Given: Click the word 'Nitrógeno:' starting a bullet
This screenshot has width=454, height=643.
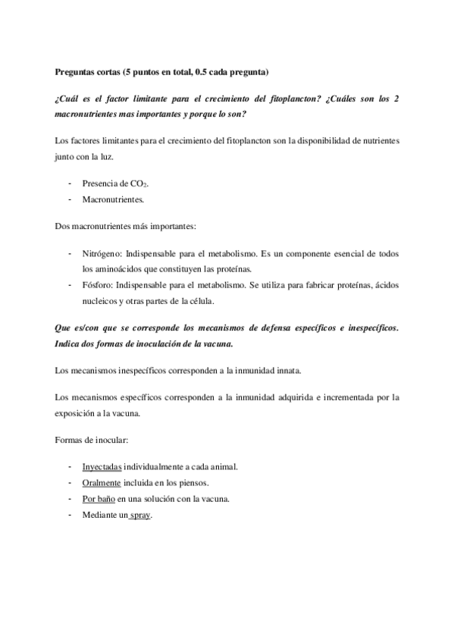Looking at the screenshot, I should point(101,252).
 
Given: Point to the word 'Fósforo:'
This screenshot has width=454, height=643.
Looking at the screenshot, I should point(97,284).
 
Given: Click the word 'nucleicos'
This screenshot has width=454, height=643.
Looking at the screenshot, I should point(100,300).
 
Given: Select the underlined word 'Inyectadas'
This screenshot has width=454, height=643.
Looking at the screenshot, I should point(102,466).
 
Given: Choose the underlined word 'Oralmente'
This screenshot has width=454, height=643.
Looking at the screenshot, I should point(101,481).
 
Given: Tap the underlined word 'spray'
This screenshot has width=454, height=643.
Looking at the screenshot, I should point(140,514).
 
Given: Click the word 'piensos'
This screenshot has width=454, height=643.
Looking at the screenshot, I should point(195,481).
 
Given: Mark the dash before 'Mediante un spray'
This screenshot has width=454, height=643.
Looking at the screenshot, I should point(70,514).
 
